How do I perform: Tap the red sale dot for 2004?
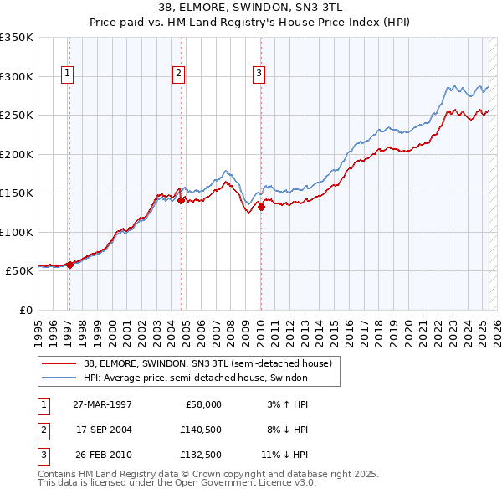tap(182, 200)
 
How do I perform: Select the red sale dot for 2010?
tap(261, 207)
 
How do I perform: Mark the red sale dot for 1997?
tap(70, 265)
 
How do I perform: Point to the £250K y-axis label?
tap(17, 116)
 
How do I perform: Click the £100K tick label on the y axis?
tap(17, 232)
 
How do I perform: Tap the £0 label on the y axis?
tap(24, 310)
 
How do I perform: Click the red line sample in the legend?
tap(59, 363)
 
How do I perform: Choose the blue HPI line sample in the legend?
tap(59, 378)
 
